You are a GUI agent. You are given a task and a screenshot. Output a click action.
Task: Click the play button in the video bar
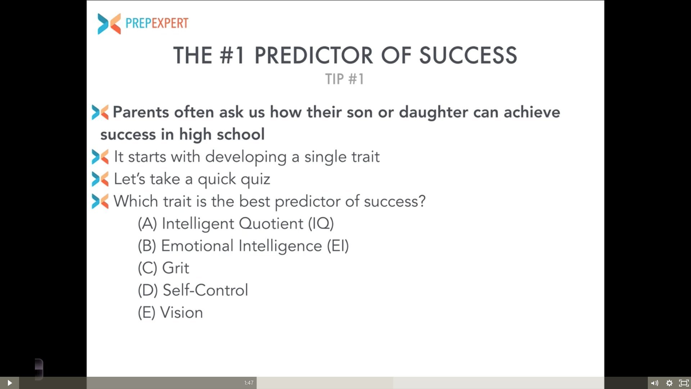point(10,383)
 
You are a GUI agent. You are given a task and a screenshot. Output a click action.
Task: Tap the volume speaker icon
point(655,383)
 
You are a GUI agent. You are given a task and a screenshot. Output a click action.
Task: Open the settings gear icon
point(669,383)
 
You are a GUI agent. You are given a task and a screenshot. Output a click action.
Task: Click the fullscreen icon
point(683,383)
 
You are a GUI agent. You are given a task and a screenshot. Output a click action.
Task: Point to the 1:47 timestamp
point(249,383)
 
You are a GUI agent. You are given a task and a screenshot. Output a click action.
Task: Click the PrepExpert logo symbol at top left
point(109,24)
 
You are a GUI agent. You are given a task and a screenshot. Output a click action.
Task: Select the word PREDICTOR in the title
point(313,55)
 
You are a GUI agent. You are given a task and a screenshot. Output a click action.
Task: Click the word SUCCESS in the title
point(468,55)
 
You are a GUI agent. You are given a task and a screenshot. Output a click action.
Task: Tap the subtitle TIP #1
point(344,79)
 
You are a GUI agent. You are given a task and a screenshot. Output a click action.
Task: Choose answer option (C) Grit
point(163,268)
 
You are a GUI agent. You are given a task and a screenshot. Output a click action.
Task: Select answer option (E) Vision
point(170,312)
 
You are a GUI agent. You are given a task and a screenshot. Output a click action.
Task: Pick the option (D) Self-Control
point(193,290)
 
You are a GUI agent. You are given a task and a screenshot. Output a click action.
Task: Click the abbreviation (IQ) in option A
point(321,224)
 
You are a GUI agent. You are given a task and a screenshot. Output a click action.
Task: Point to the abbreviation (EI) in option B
point(338,246)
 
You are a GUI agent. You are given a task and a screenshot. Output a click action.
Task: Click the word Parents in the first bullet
point(141,112)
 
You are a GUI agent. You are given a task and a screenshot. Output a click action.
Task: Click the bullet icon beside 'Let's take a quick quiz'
point(100,179)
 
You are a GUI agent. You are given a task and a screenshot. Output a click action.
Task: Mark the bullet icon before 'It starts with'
point(100,157)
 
